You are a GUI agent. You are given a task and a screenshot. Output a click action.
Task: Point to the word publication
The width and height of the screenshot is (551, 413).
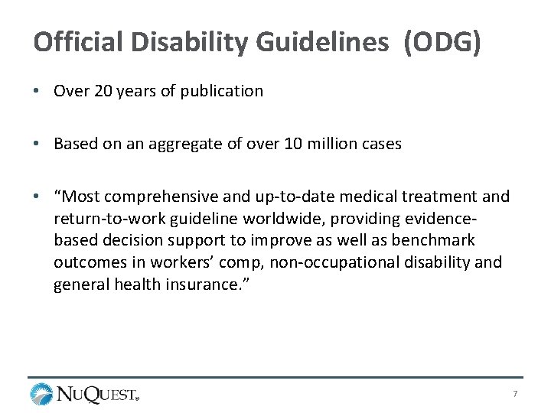click(x=222, y=92)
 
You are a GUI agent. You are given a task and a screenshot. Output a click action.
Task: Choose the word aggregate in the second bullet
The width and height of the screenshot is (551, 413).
click(x=195, y=144)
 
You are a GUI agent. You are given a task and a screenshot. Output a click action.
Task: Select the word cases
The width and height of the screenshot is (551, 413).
click(x=377, y=144)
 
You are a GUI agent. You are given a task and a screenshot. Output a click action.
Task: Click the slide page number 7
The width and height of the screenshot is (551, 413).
click(x=516, y=394)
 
